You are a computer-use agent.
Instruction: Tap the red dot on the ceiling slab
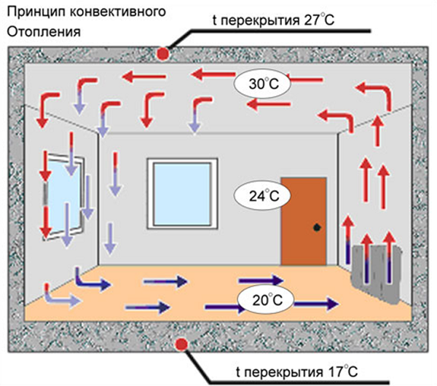tap(162, 52)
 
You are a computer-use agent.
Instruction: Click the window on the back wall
tap(183, 194)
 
